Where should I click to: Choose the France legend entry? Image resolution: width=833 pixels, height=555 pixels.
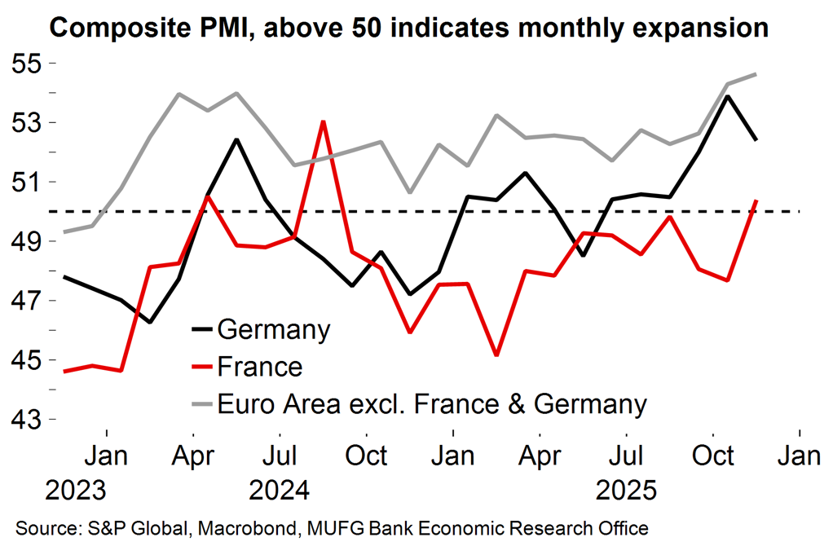pyautogui.click(x=259, y=367)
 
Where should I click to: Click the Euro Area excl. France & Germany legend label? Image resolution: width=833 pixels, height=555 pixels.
pyautogui.click(x=432, y=403)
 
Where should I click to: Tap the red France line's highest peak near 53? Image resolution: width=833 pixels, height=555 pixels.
pyautogui.click(x=324, y=121)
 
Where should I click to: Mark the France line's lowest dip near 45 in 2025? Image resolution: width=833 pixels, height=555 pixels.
pyautogui.click(x=496, y=355)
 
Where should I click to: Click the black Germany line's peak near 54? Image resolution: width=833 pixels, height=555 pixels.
pyautogui.click(x=726, y=96)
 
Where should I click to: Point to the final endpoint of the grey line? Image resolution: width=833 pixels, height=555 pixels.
pyautogui.click(x=756, y=74)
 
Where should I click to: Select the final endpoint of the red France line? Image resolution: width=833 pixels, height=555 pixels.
pyautogui.click(x=756, y=200)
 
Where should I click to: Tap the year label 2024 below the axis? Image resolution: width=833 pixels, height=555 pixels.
pyautogui.click(x=280, y=491)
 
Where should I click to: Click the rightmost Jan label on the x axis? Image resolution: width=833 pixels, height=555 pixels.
pyautogui.click(x=799, y=456)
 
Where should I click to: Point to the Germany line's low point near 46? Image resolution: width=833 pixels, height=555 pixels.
pyautogui.click(x=150, y=322)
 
